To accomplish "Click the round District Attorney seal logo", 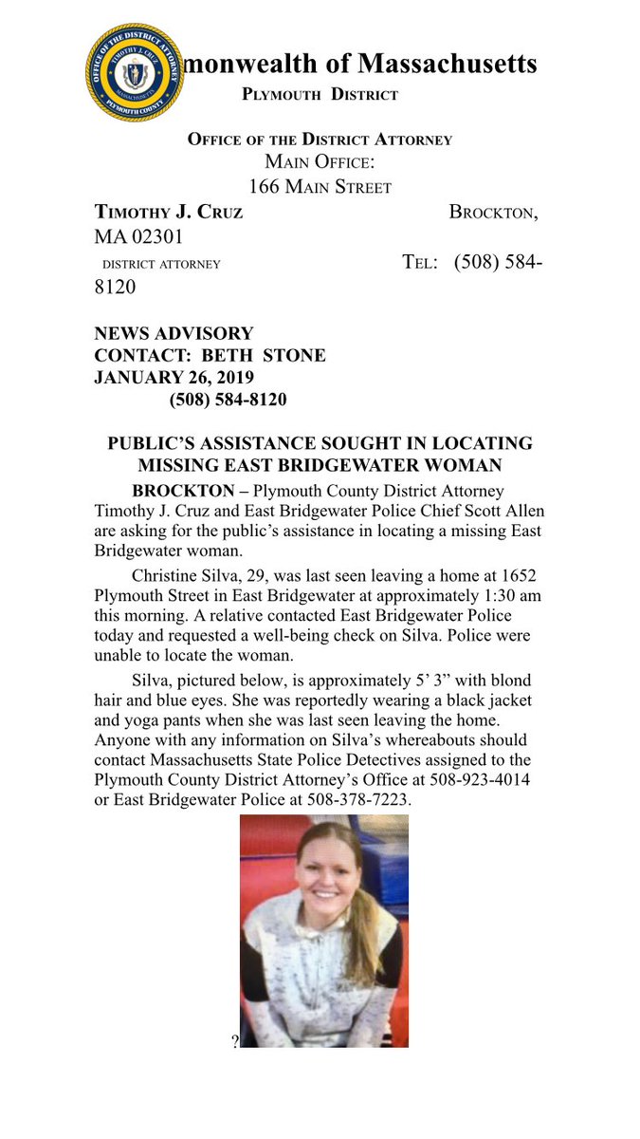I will coord(134,73).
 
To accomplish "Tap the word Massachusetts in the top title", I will coord(446,64).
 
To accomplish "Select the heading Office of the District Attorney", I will coord(320,139).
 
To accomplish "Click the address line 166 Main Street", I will coord(314,186).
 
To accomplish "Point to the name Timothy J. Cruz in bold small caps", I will coord(169,212).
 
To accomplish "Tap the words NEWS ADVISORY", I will coord(174,334).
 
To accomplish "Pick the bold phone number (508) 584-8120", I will coord(228,400).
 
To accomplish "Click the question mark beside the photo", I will coord(234,1042).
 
